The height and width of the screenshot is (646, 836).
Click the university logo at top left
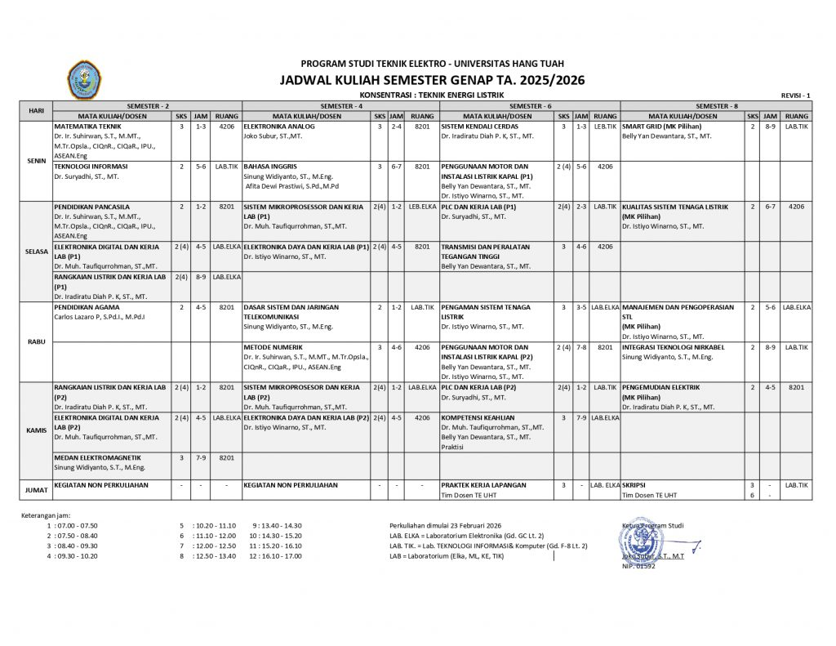point(83,80)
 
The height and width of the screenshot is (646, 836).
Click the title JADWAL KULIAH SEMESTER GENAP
point(432,80)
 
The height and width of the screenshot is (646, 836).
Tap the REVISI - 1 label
point(795,96)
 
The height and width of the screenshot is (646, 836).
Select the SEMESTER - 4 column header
point(340,106)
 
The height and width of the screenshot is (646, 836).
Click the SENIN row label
point(36,161)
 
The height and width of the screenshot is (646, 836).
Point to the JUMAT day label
point(36,489)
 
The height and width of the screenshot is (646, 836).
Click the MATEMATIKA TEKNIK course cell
point(87,127)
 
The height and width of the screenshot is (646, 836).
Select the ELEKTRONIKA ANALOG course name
point(278,127)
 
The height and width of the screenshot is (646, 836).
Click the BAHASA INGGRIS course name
point(269,166)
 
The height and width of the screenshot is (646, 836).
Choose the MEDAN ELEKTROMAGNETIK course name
point(97,457)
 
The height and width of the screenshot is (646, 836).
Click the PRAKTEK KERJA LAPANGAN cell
point(484,485)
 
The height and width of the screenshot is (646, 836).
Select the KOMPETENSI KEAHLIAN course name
point(478,417)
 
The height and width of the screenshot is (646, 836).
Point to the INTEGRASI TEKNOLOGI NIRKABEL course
point(673,347)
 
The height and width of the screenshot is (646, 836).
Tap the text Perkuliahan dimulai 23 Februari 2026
point(446,525)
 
